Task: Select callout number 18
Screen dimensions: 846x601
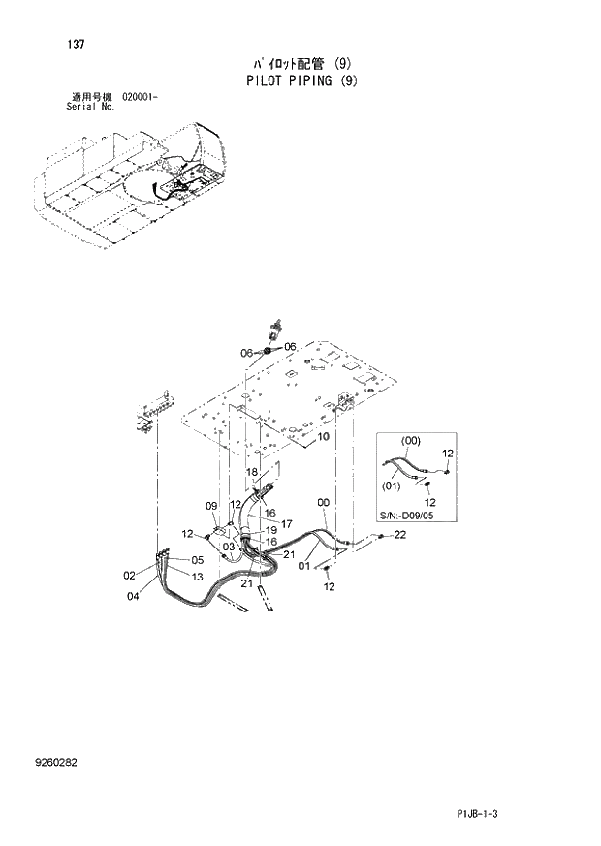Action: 251,472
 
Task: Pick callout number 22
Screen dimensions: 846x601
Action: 399,535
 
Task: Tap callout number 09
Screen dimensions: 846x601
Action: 210,506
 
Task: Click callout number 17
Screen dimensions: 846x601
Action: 288,523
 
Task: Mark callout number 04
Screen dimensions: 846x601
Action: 133,597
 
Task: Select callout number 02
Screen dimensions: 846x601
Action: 129,576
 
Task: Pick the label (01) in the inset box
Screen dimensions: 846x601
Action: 392,486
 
